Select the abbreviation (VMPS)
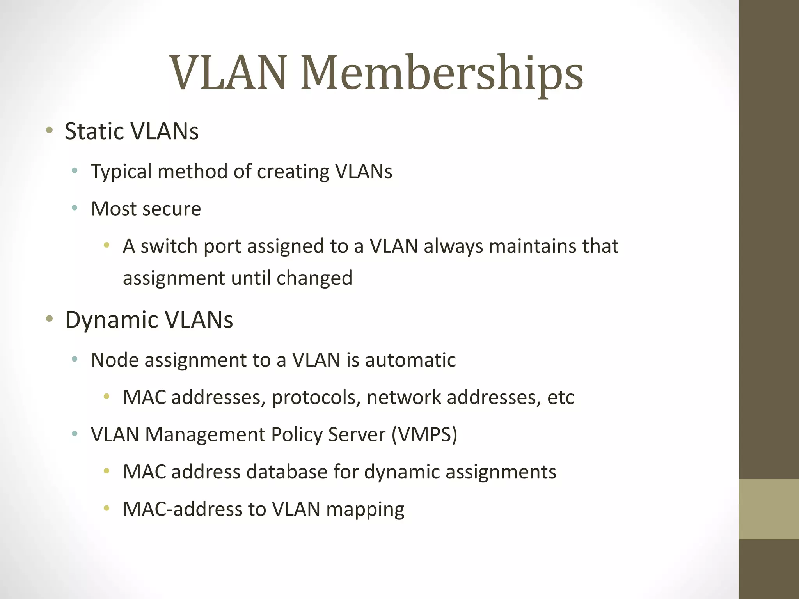click(x=424, y=434)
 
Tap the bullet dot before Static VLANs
click(x=49, y=130)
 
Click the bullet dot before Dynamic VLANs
click(x=49, y=319)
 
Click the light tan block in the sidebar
click(x=769, y=509)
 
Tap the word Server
click(x=357, y=434)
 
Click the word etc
click(x=561, y=397)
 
